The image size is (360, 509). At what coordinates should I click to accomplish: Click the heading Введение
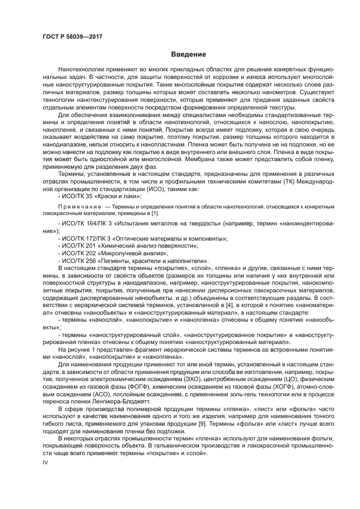[x=188, y=54]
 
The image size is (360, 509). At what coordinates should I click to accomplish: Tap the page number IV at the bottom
[x=46, y=463]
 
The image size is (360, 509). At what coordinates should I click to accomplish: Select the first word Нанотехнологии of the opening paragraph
[x=83, y=71]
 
